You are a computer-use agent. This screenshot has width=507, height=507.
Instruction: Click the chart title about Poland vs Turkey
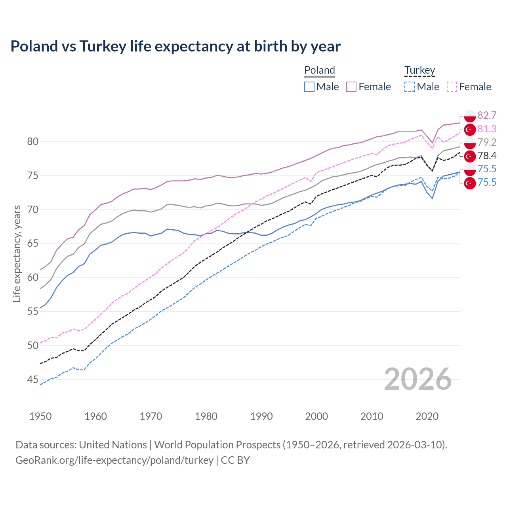click(175, 46)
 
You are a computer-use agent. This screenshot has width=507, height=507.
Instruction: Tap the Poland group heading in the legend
click(320, 70)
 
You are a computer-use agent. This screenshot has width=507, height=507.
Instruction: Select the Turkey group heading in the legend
click(419, 70)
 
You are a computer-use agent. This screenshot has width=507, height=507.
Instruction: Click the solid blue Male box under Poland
click(309, 87)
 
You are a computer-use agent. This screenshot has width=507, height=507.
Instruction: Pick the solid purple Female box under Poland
click(351, 87)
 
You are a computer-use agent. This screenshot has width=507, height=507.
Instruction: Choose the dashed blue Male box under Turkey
click(410, 87)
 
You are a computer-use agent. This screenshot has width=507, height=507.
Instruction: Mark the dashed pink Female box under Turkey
click(452, 87)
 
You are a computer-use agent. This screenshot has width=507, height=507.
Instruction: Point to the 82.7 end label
click(487, 115)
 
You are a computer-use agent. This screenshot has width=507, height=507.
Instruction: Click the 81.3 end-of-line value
click(487, 129)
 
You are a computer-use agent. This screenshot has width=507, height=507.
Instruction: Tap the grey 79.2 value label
click(487, 142)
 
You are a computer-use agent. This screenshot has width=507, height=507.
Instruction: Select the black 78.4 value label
click(487, 156)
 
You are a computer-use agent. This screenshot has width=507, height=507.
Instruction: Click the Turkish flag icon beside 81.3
click(469, 130)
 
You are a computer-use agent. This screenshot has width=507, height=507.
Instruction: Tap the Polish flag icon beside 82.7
click(469, 115)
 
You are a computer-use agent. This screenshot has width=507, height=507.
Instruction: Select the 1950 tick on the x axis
click(40, 416)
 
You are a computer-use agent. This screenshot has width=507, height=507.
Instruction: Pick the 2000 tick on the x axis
click(316, 416)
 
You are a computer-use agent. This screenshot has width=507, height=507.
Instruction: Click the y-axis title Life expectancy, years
click(17, 253)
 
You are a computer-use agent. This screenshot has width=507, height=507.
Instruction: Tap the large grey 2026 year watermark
click(417, 379)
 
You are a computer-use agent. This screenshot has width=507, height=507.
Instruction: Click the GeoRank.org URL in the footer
click(114, 460)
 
